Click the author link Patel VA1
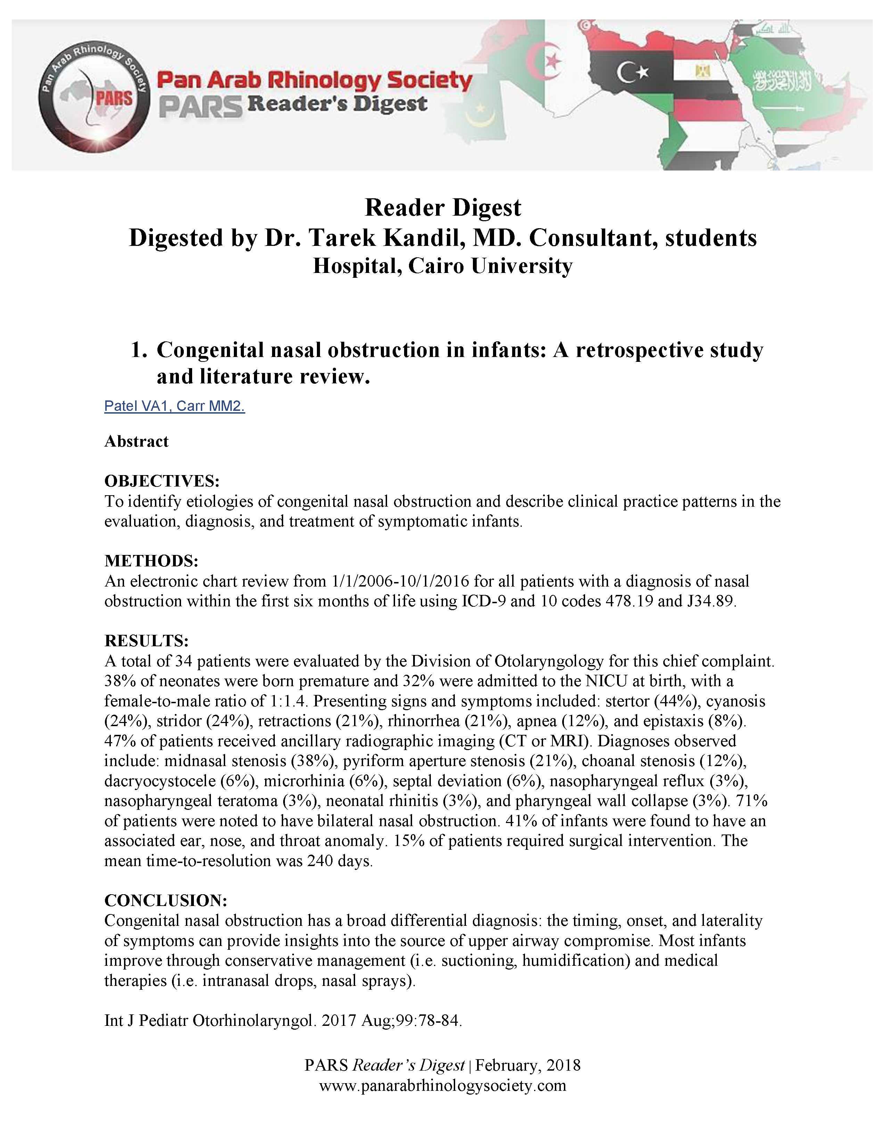[x=137, y=406]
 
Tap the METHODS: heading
[x=151, y=560]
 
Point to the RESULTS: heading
[x=146, y=641]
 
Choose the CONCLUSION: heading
[x=165, y=900]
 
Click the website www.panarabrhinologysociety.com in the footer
[x=442, y=1085]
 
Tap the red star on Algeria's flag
[x=552, y=63]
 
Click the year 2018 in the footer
[x=563, y=1065]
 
